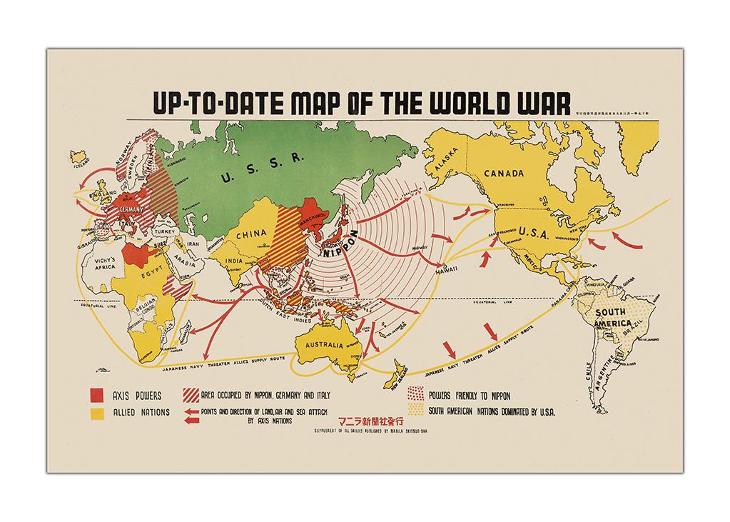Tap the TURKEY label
pos(163,231)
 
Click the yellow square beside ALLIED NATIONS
pos(96,413)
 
